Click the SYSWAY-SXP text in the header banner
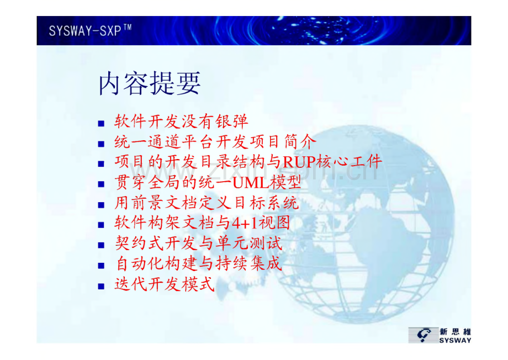pyautogui.click(x=85, y=31)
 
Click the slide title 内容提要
pyautogui.click(x=149, y=83)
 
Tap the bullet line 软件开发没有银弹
pyautogui.click(x=181, y=121)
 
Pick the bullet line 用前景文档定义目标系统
pyautogui.click(x=207, y=203)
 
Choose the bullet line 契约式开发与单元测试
pyautogui.click(x=198, y=243)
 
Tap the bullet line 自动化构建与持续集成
pyautogui.click(x=198, y=264)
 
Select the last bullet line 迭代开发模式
pyautogui.click(x=165, y=284)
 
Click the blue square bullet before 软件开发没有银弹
pyautogui.click(x=101, y=124)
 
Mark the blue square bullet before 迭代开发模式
pyautogui.click(x=101, y=286)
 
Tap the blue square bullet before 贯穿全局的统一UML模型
pyautogui.click(x=101, y=184)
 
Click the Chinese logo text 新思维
pyautogui.click(x=455, y=331)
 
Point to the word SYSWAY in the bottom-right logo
pyautogui.click(x=455, y=340)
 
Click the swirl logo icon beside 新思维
pyautogui.click(x=423, y=335)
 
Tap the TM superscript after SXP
pyautogui.click(x=128, y=27)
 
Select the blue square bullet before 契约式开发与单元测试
pyautogui.click(x=101, y=245)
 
